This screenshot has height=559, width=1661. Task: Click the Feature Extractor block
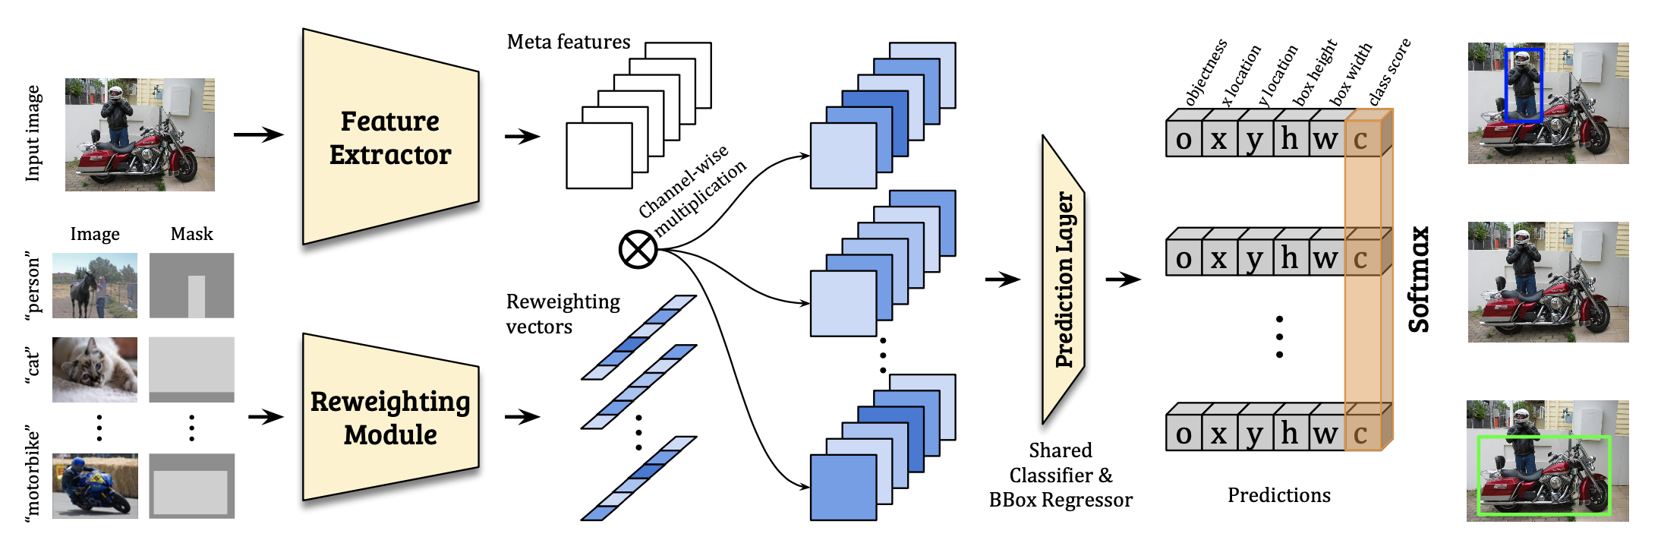pos(390,137)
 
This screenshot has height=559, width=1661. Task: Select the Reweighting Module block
pos(390,418)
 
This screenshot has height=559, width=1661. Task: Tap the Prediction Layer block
pos(1064,279)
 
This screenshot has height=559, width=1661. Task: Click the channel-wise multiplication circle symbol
pos(638,249)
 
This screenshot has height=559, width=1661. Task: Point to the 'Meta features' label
pos(569,42)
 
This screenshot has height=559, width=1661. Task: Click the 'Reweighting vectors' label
pos(563,314)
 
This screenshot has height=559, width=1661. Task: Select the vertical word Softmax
pos(1418,279)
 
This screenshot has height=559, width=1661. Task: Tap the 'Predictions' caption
pos(1279,495)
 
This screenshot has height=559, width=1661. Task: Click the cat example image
pos(95,370)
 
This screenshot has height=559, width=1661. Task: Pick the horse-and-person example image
pos(95,286)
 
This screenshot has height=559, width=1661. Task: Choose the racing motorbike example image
pos(95,486)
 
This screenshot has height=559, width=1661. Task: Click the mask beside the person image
pos(191,286)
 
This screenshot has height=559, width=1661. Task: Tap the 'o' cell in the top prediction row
pos(1184,140)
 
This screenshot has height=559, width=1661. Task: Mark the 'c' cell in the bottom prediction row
pos(1361,434)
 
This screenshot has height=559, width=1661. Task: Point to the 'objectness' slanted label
pos(1206,73)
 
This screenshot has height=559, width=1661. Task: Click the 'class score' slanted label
pos(1389,71)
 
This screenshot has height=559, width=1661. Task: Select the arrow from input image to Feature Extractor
pos(258,135)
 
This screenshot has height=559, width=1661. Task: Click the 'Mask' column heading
pos(191,234)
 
